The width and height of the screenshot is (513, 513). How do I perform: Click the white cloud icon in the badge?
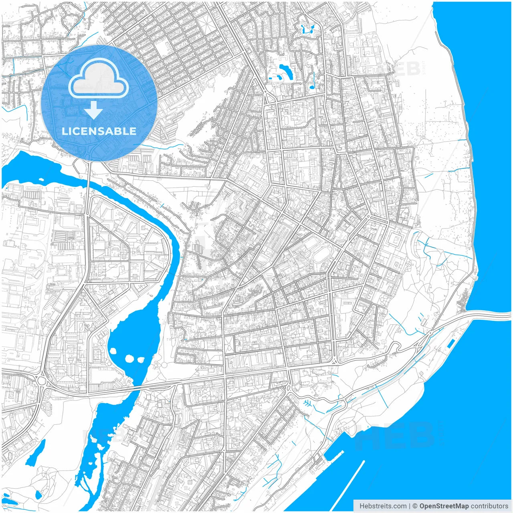coord(99,79)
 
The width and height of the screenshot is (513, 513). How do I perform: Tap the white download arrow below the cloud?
coord(94,110)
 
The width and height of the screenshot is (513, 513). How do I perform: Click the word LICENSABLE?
coord(99,131)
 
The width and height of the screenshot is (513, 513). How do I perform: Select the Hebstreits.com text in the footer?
coord(383,506)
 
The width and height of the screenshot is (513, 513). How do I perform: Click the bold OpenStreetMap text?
coord(444,506)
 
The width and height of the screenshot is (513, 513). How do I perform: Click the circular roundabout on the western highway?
coord(41,380)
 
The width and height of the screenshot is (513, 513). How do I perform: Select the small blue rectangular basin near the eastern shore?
coord(450,343)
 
